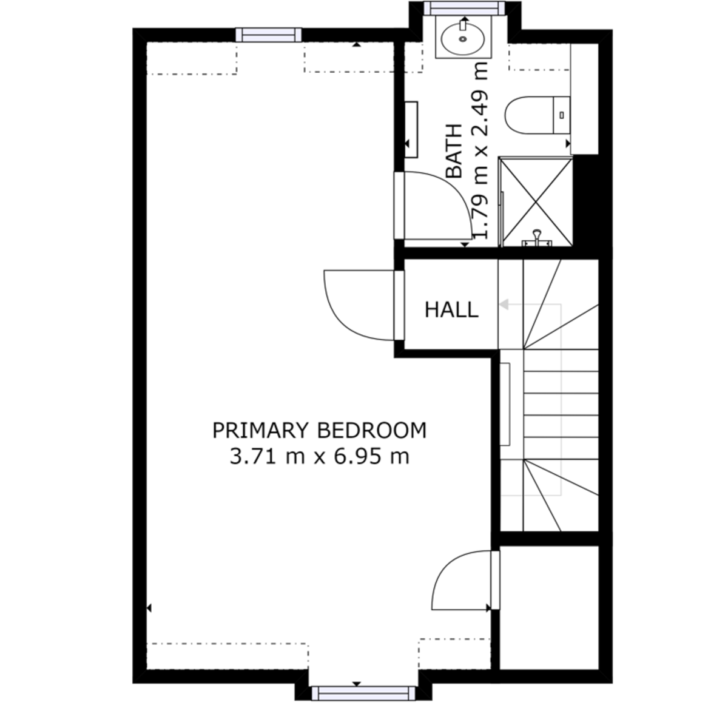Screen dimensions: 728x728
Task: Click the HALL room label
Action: tap(451, 310)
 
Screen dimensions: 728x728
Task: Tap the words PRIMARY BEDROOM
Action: tap(319, 431)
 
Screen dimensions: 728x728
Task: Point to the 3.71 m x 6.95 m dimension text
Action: tap(319, 457)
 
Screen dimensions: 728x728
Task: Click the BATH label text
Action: tap(454, 150)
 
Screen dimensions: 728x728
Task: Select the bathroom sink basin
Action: tap(463, 38)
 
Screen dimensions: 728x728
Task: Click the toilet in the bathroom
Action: tap(538, 115)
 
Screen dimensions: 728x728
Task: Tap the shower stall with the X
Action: tap(536, 202)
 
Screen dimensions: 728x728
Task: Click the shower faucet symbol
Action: tap(536, 239)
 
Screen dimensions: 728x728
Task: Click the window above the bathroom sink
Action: tap(464, 8)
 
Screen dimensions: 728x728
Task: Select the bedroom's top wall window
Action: tap(269, 35)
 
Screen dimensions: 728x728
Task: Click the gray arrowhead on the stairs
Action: tap(504, 304)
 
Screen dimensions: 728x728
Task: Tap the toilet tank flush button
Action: tap(562, 115)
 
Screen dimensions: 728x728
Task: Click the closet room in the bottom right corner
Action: tap(549, 607)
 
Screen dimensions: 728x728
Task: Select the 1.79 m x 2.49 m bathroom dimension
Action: tap(480, 149)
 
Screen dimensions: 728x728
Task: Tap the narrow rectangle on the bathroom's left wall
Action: tap(411, 130)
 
